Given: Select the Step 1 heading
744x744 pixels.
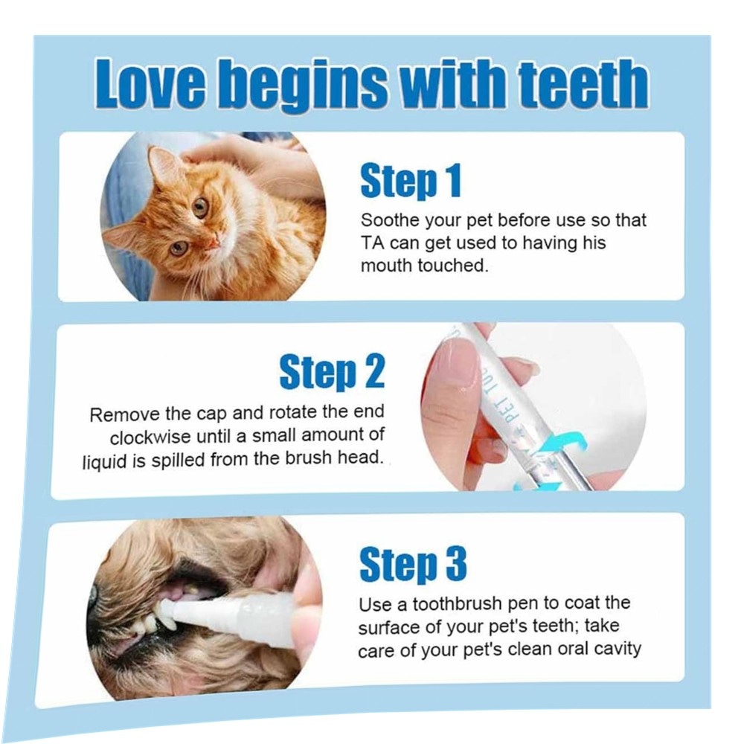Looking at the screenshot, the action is click(x=411, y=180).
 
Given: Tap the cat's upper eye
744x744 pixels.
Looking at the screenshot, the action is click(x=200, y=208).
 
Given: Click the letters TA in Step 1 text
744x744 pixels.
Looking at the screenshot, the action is click(x=373, y=243).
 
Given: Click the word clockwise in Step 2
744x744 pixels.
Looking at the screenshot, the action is click(x=150, y=437).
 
